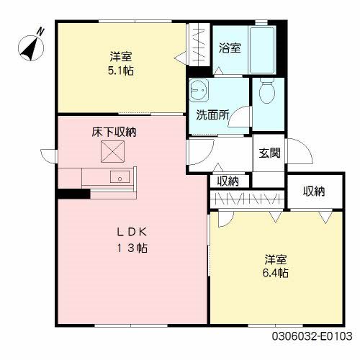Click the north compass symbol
coord(31,47)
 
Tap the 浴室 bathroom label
coord(230,48)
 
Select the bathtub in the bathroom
coord(262,50)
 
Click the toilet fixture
coord(267,91)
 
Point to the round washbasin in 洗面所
coord(199,91)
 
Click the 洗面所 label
coord(212,114)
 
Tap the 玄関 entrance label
coord(269,153)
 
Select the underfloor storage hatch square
coord(113,152)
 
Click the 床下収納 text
coord(114,132)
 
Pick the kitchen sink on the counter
coord(120,177)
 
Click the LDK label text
coord(132,232)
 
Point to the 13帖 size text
coord(132,248)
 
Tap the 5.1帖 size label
coord(121,71)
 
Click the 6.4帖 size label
coord(276,273)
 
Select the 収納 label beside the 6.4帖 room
coord(314,192)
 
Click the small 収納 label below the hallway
coord(228,181)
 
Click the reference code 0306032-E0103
coord(312,336)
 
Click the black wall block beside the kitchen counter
coord(73,194)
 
